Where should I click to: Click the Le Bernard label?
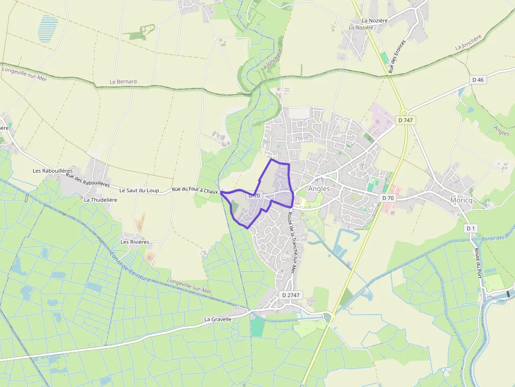[x=123, y=82]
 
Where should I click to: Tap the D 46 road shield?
[x=477, y=80]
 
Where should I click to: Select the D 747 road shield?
[x=405, y=120]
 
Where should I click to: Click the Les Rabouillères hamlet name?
[x=52, y=171]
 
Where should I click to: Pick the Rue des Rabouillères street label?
[x=88, y=181]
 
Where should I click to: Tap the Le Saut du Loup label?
[x=139, y=190]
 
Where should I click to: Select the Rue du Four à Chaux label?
[x=195, y=191]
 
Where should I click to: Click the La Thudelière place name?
[x=100, y=200]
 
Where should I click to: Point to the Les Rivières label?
[x=135, y=242]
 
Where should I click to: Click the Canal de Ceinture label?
[x=130, y=267]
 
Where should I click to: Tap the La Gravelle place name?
[x=218, y=319]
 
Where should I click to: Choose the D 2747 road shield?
[x=291, y=295]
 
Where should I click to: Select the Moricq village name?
[x=462, y=200]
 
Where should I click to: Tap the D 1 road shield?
[x=470, y=228]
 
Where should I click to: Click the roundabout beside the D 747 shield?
[x=404, y=112]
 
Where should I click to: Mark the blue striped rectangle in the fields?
[x=48, y=28]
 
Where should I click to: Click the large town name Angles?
[x=319, y=189]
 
